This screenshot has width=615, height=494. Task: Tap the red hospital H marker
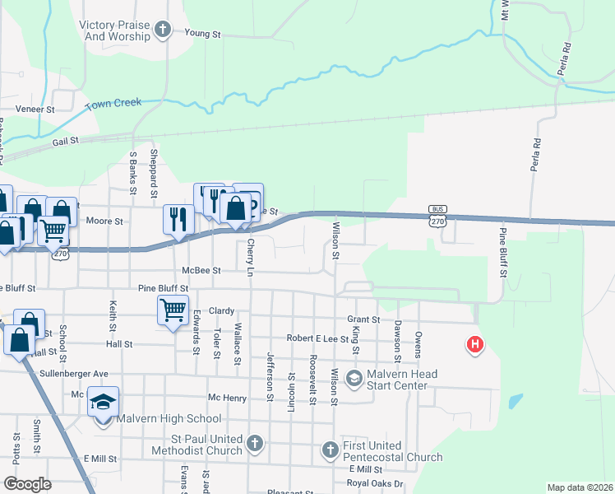tap(474, 344)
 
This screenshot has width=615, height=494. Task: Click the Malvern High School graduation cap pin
tap(104, 401)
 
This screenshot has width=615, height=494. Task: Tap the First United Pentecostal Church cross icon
tap(330, 450)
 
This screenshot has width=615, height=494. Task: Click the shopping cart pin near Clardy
tap(173, 310)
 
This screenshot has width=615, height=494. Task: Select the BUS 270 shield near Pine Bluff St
tap(437, 215)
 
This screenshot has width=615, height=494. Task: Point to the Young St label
tap(205, 33)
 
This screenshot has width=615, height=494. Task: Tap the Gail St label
tap(65, 141)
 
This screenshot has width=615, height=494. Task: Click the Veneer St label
tap(35, 109)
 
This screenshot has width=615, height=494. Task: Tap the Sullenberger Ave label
tap(74, 373)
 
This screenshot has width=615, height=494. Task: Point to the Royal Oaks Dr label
tap(375, 483)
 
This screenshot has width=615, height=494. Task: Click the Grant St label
tap(363, 319)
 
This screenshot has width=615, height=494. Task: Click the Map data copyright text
tap(580, 487)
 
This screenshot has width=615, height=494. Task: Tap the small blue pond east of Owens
tap(515, 402)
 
